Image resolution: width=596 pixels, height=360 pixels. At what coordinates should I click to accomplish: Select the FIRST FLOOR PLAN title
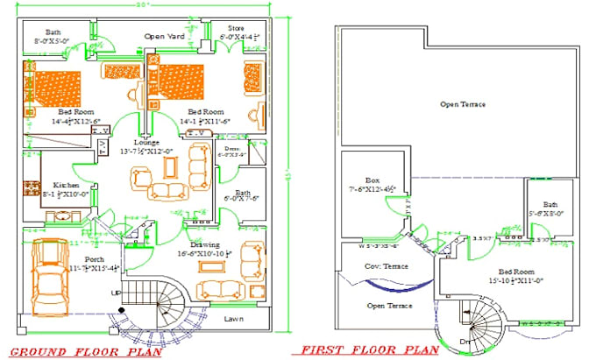[369, 349]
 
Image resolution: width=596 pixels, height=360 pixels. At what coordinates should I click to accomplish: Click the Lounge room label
[146, 141]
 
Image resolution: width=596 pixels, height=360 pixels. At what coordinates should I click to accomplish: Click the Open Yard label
[165, 36]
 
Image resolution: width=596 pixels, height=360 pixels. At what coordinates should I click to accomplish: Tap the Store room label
[237, 28]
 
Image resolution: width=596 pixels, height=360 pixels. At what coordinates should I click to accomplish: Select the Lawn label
[234, 319]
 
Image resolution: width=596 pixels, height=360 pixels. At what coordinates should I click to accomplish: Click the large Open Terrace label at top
[463, 104]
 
